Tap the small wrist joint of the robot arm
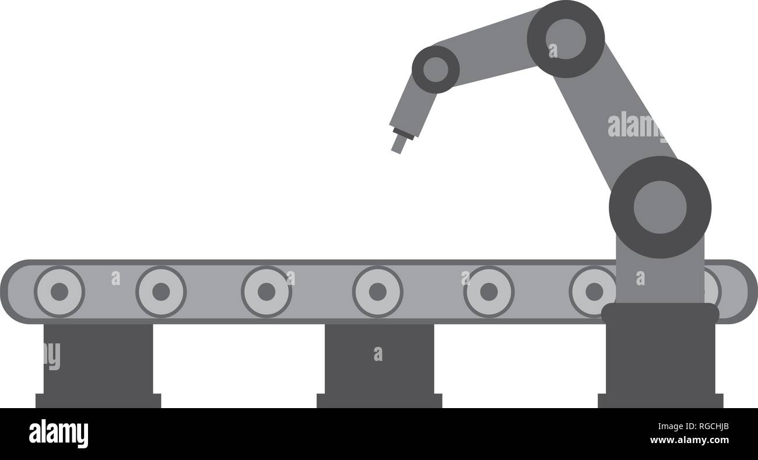pos(436,69)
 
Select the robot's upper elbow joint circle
pos(566,39)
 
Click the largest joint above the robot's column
pos(660,208)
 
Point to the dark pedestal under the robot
pos(660,355)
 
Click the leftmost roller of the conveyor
pos(59,292)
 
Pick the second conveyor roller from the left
pos(161,292)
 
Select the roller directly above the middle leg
pos(378,292)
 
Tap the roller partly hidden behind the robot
pos(713,292)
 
